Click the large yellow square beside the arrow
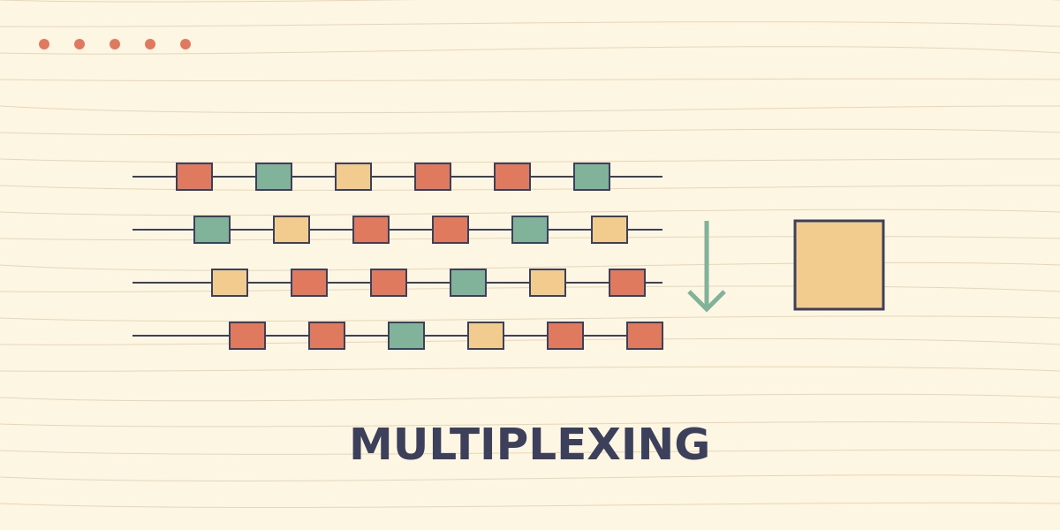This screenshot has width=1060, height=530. [x=839, y=265]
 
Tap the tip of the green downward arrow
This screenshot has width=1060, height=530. [x=707, y=311]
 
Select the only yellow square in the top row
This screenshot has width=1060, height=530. [x=353, y=177]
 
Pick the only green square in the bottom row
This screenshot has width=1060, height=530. [x=406, y=336]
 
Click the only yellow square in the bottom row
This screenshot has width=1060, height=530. [x=486, y=336]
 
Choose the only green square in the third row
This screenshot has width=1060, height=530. [x=468, y=283]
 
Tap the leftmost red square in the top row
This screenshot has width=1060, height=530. [x=194, y=177]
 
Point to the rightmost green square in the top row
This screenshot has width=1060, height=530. [x=592, y=177]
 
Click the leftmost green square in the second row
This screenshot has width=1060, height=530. [x=212, y=230]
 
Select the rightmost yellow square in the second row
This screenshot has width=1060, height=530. [x=609, y=230]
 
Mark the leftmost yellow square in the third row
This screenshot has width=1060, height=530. [x=230, y=283]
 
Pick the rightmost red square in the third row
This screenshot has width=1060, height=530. [x=627, y=283]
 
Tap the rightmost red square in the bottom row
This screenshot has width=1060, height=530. [x=645, y=336]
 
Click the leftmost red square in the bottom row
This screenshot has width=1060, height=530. [x=247, y=336]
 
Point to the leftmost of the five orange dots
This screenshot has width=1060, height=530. [x=44, y=44]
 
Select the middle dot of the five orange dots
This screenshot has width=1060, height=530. [x=115, y=44]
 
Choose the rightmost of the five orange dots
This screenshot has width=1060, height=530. [x=185, y=44]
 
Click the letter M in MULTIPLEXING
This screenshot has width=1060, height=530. [x=370, y=443]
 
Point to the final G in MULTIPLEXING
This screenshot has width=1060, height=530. [x=692, y=443]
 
